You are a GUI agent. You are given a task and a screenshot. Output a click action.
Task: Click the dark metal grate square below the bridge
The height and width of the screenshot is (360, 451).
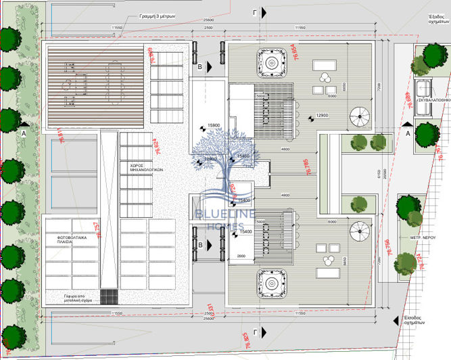click(108, 297)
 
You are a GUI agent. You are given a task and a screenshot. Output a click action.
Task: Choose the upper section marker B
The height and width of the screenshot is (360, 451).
click(200, 66)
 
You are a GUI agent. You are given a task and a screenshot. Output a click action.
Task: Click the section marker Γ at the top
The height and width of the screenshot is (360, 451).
click(254, 12)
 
